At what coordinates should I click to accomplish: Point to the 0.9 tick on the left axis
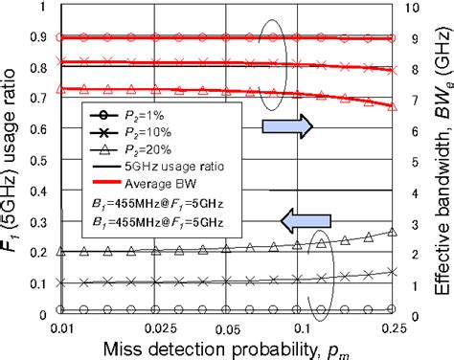[x=40, y=38]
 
